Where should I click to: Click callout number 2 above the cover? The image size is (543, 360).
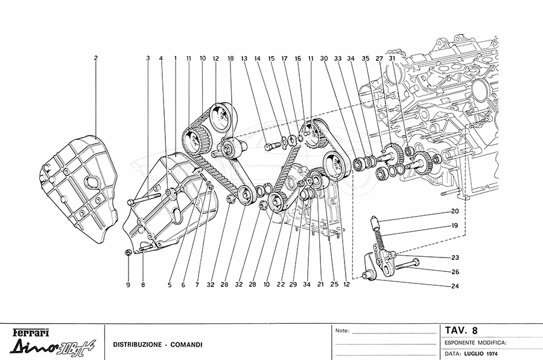[95, 58]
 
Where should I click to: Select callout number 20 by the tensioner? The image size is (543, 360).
[454, 212]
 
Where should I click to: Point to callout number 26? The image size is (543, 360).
[454, 271]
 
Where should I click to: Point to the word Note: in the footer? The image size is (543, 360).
[342, 331]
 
